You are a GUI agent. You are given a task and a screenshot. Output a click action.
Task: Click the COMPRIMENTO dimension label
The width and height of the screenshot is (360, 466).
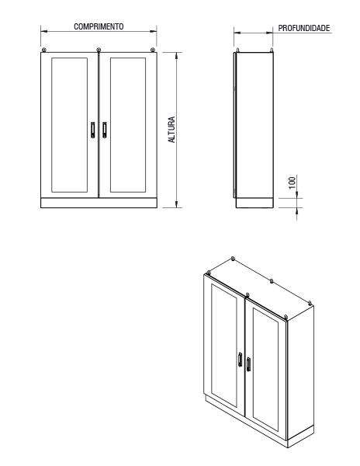click(99, 26)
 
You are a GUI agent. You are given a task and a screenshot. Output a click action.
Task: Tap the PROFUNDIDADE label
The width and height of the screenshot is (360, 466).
click(304, 28)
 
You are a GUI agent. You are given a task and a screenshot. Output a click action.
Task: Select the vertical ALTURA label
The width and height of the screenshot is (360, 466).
click(171, 130)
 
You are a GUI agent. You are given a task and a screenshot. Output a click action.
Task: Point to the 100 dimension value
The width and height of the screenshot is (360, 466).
click(292, 183)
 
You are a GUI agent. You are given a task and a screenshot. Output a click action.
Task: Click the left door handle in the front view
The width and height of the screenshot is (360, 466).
click(93, 130)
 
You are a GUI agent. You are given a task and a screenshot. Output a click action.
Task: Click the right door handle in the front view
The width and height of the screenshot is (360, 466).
click(105, 130)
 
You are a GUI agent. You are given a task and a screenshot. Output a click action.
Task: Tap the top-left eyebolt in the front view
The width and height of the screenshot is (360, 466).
click(44, 50)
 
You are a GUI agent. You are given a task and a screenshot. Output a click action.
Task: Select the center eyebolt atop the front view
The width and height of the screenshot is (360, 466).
click(99, 50)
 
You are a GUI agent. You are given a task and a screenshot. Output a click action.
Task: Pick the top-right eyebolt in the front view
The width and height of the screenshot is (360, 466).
click(153, 50)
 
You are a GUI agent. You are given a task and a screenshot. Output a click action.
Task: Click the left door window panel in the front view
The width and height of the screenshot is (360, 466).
click(70, 125)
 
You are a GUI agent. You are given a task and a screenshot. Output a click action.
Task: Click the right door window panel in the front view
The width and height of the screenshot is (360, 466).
click(128, 125)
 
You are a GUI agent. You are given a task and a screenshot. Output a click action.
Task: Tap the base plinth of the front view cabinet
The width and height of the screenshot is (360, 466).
click(99, 203)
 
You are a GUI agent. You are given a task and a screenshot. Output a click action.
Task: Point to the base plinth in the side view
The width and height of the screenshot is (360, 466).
click(254, 203)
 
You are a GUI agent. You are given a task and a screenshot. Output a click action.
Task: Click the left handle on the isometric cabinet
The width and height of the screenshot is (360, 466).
click(240, 360)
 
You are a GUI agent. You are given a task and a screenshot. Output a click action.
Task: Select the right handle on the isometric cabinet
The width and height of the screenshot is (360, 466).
click(248, 364)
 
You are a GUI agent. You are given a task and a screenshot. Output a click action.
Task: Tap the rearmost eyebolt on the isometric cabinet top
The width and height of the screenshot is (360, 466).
click(233, 259)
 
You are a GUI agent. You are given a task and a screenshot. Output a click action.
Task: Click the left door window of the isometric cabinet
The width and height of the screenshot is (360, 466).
click(224, 346)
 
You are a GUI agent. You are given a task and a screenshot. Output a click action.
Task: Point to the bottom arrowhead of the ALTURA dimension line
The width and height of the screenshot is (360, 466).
click(177, 204)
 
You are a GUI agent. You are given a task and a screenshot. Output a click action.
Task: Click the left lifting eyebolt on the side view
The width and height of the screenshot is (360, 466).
click(237, 50)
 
